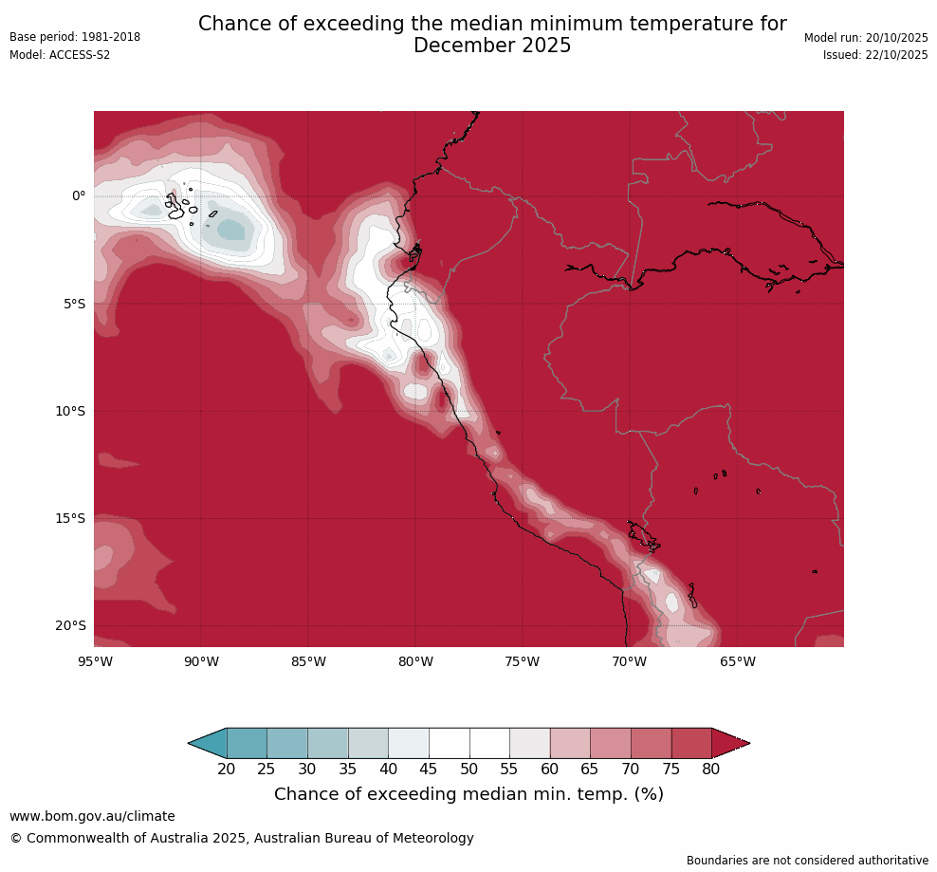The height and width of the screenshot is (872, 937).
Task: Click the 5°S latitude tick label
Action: click(75, 304)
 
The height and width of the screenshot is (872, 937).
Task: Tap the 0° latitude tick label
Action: click(79, 196)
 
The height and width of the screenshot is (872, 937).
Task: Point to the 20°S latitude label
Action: click(71, 625)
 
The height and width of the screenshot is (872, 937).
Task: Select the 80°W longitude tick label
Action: click(415, 661)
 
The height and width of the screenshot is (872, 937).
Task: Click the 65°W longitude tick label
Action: click(737, 661)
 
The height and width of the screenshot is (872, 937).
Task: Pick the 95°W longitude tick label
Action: click(95, 661)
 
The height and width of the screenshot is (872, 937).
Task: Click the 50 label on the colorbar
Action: click(469, 769)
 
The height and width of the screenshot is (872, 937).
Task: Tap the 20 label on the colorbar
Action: click(227, 769)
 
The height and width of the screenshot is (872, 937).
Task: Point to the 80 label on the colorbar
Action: click(711, 769)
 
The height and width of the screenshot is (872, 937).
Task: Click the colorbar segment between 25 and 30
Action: click(287, 743)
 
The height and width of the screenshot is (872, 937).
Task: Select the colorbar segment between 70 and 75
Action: click(651, 743)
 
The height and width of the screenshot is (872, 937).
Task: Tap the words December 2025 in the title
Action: click(492, 46)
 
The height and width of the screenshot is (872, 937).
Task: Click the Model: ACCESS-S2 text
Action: click(60, 55)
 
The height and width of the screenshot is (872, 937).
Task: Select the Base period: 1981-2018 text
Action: click(75, 37)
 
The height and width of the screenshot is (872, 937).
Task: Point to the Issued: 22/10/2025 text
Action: click(875, 55)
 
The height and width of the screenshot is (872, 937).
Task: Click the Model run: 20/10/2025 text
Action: click(866, 37)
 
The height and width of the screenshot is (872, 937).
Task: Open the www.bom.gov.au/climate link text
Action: click(92, 816)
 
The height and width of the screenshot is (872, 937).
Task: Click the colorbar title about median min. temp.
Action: click(468, 794)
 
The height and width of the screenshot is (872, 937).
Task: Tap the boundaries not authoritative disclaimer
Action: click(807, 861)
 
